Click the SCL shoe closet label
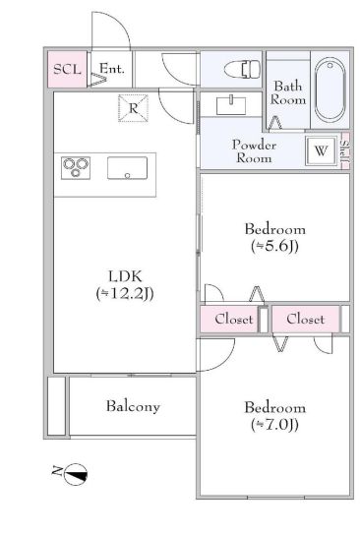coord(67,69)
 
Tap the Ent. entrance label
coord(111,69)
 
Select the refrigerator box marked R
coord(133,107)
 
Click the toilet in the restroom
coord(238,70)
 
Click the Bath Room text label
coord(289,93)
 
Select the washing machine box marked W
coord(321,151)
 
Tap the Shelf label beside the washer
coord(344,151)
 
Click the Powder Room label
coord(254,151)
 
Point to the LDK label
coord(123,276)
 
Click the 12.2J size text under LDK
coord(124,293)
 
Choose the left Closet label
coord(234,320)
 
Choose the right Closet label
coord(305,320)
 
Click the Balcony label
coord(133,406)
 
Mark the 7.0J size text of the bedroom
coord(274,425)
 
